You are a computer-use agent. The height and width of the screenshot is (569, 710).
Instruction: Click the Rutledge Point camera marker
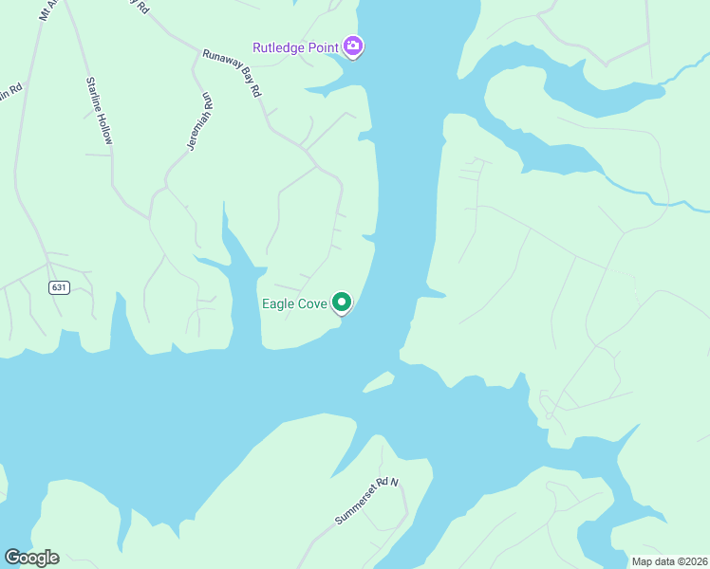[x=353, y=46]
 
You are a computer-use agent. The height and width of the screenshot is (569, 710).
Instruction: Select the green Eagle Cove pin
[x=342, y=303]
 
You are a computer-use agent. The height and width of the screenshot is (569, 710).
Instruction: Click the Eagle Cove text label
[x=294, y=304]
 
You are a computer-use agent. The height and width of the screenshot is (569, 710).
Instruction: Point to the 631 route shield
[x=59, y=287]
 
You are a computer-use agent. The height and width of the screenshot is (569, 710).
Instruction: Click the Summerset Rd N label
[x=367, y=501]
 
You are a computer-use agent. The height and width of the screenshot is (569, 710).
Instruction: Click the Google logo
[x=31, y=558]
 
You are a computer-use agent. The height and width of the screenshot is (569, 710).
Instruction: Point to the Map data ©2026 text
[x=668, y=561]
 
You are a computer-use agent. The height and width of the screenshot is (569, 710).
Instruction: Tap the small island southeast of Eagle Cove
[x=379, y=381]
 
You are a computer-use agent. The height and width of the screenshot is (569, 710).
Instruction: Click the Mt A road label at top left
[x=47, y=10]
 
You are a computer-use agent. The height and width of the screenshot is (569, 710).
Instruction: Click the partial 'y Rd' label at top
[x=141, y=6]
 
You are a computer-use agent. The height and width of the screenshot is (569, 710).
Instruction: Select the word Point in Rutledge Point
[x=323, y=46]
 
